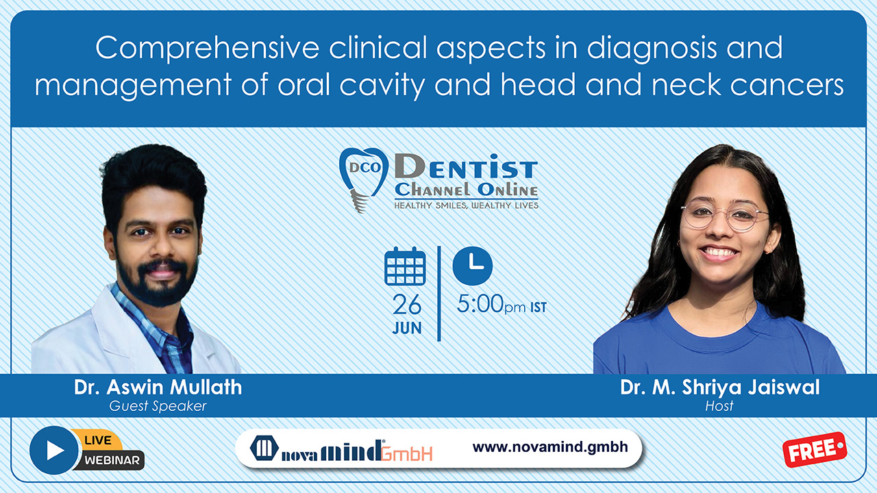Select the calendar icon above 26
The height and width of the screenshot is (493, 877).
(x=405, y=266)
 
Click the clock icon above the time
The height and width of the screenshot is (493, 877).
(x=473, y=266)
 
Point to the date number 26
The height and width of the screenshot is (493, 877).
(x=407, y=305)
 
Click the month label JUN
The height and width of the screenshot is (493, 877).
(x=407, y=328)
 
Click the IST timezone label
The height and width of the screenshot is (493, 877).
(x=539, y=307)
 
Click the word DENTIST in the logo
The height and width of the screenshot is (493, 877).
(x=466, y=166)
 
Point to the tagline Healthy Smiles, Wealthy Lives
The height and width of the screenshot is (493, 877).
(x=467, y=205)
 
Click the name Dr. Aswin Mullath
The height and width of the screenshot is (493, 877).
(x=158, y=388)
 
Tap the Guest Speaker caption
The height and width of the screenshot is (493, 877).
(x=158, y=406)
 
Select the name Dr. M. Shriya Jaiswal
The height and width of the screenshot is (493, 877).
(x=719, y=388)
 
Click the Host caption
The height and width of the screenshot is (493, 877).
(x=719, y=406)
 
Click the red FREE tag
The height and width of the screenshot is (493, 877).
(x=815, y=450)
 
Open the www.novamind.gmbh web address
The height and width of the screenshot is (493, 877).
(x=550, y=447)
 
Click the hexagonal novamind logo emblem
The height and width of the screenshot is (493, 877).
(x=264, y=448)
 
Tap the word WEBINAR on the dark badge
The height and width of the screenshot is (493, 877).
(x=112, y=460)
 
